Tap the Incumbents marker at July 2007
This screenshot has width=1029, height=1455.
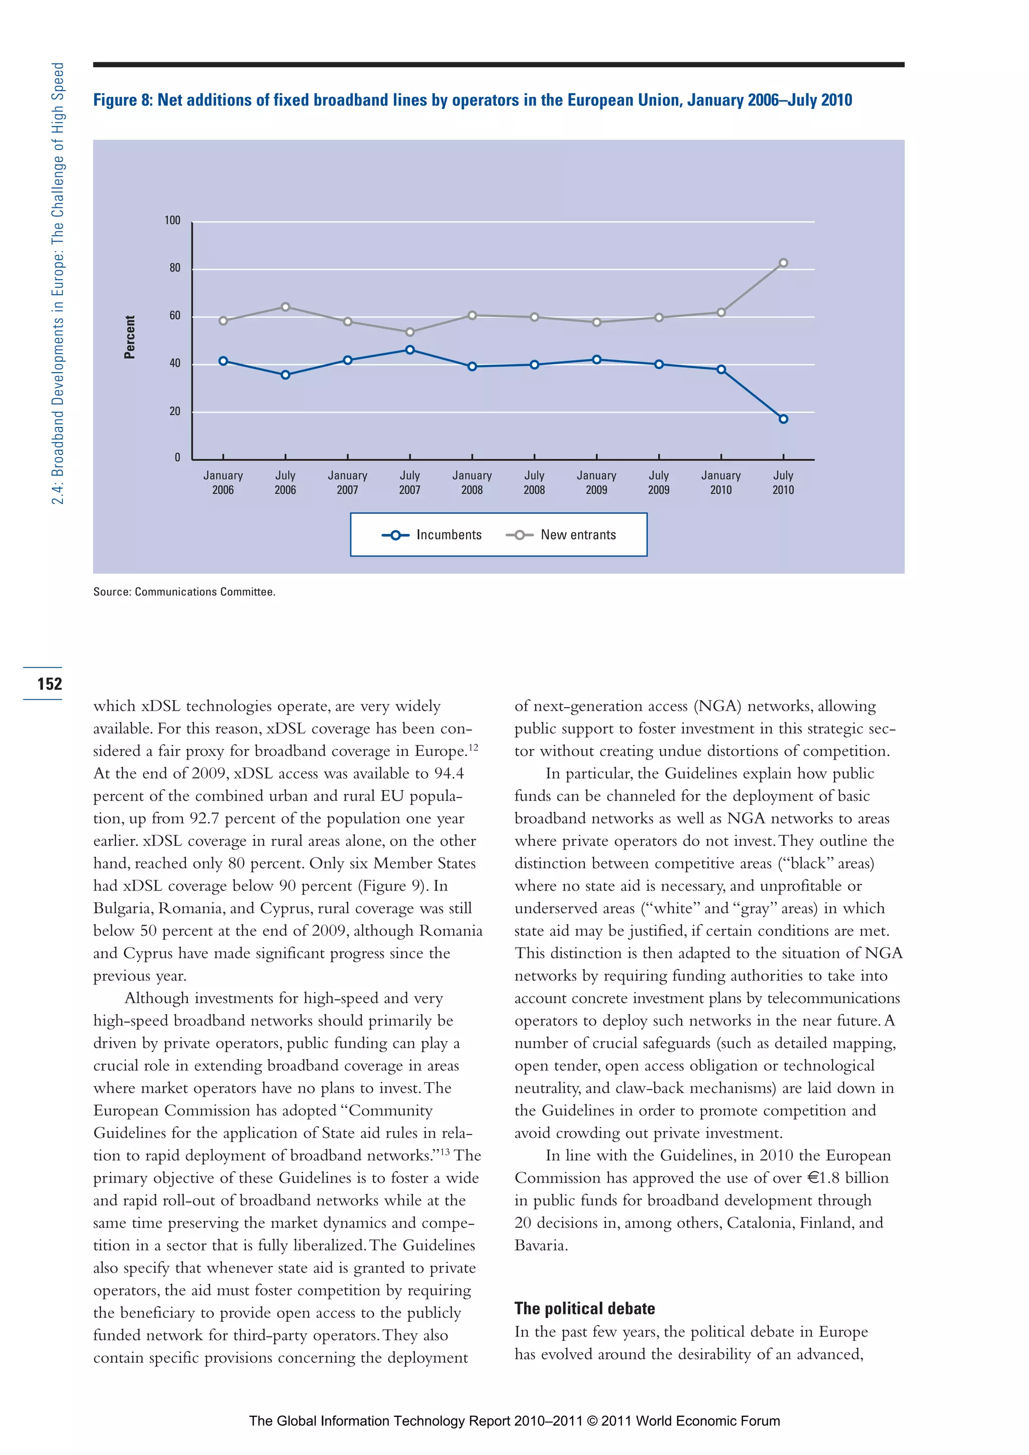pos(409,350)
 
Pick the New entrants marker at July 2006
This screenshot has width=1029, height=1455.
pos(285,307)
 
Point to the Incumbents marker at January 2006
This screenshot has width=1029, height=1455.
pos(223,361)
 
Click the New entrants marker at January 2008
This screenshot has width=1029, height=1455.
pos(472,315)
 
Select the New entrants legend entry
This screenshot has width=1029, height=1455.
pos(561,535)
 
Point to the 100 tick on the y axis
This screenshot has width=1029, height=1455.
pos(172,220)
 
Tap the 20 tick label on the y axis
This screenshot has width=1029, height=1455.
pos(175,411)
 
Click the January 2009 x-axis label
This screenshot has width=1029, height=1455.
pos(596,482)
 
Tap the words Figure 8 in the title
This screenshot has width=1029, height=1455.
pos(123,100)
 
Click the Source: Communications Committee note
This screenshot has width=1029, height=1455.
pos(184,592)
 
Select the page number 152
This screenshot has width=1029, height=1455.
pos(49,684)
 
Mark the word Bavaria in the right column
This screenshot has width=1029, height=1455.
pos(540,1245)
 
